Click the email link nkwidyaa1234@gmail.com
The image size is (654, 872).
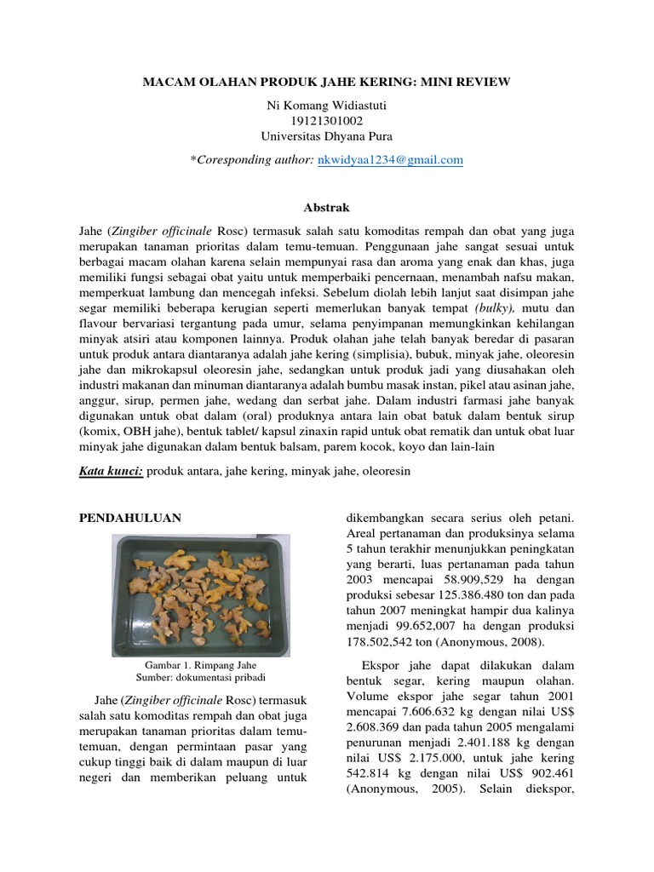(x=390, y=159)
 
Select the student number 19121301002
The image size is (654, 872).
(x=327, y=120)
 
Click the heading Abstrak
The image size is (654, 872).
(x=327, y=208)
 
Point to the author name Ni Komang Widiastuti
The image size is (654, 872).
(x=327, y=105)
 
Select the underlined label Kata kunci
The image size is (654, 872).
(x=111, y=470)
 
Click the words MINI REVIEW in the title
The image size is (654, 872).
(x=468, y=82)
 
